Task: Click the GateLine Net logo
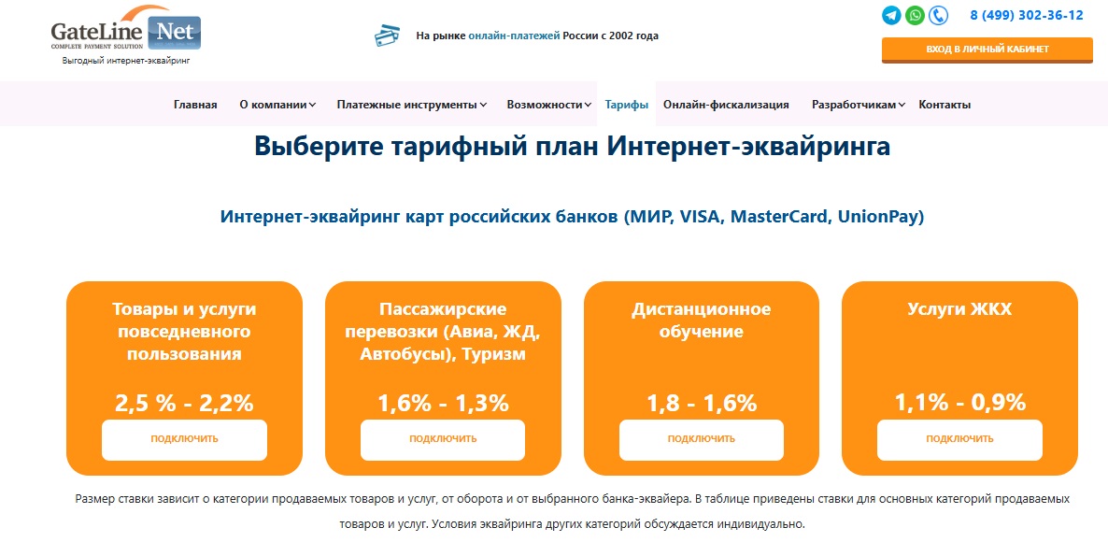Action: pyautogui.click(x=126, y=30)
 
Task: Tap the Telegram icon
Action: pyautogui.click(x=892, y=15)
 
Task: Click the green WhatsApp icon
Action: pyautogui.click(x=916, y=15)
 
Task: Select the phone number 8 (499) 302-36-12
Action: pyautogui.click(x=1027, y=15)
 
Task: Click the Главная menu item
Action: pyautogui.click(x=195, y=105)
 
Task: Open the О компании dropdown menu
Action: pyautogui.click(x=277, y=105)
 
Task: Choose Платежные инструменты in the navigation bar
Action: pyautogui.click(x=412, y=105)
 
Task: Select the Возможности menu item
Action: pyautogui.click(x=549, y=105)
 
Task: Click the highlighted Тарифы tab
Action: pyautogui.click(x=627, y=105)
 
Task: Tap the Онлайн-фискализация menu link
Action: pyautogui.click(x=726, y=105)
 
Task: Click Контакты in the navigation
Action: pyautogui.click(x=945, y=105)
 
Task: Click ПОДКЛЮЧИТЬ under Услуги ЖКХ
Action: pyautogui.click(x=959, y=439)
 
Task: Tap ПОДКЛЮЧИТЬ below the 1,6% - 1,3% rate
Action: pyautogui.click(x=443, y=439)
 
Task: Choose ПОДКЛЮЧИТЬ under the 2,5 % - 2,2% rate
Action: pyautogui.click(x=184, y=439)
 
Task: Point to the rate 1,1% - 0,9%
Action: pyautogui.click(x=959, y=403)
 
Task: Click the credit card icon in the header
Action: pyautogui.click(x=387, y=36)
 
